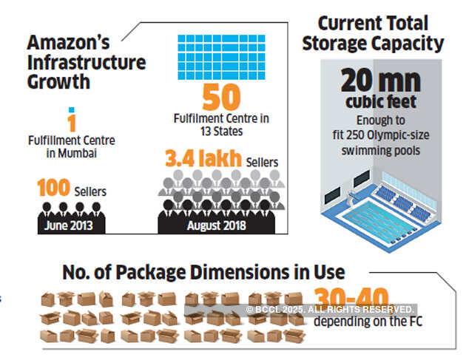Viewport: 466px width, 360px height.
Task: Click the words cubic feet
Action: (x=380, y=102)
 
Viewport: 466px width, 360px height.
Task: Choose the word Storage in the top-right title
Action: (x=348, y=44)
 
